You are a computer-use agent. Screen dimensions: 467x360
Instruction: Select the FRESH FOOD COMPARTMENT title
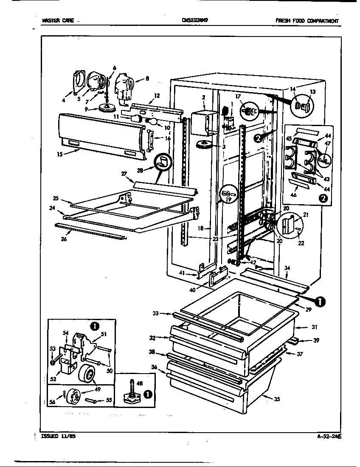[307, 21]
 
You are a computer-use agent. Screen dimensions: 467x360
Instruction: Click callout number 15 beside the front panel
[60, 155]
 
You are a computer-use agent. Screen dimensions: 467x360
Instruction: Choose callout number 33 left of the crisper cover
[156, 314]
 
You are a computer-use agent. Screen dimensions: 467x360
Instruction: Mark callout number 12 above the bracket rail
[157, 96]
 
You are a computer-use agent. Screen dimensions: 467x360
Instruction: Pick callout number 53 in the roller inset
[52, 349]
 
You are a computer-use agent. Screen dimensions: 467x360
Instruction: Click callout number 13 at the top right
[313, 92]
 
